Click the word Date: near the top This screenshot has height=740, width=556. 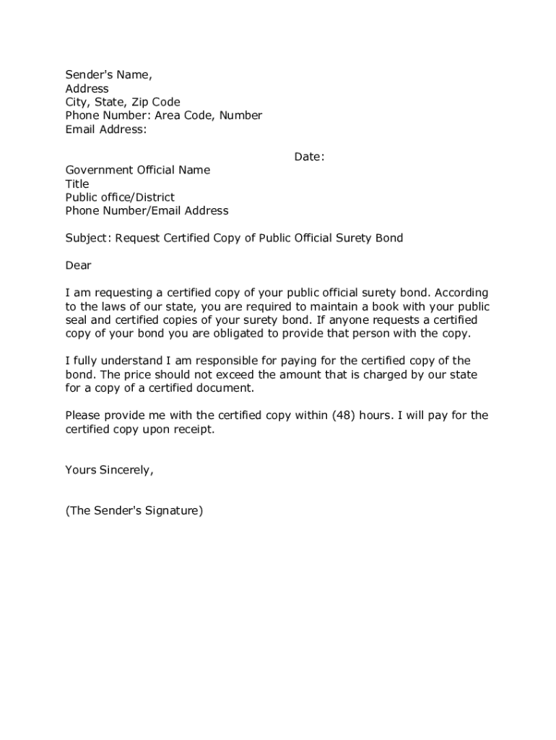pos(309,157)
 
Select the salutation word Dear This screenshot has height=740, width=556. pos(78,265)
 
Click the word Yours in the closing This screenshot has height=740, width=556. pos(80,470)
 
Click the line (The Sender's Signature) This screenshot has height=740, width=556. pos(134,511)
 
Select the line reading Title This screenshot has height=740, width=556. pos(77,184)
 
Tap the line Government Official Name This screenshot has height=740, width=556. pos(138,170)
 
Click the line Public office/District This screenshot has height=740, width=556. pos(120,197)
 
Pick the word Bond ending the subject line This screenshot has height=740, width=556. pos(389,238)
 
